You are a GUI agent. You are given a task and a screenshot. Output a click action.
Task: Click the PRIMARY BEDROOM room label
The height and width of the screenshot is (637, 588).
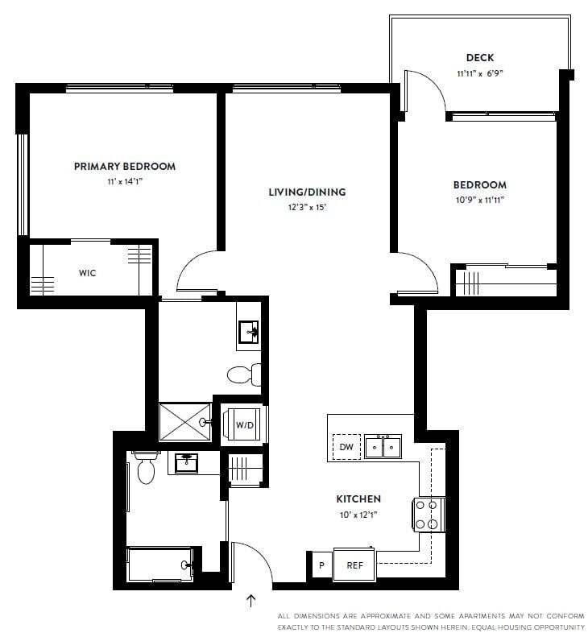(124, 167)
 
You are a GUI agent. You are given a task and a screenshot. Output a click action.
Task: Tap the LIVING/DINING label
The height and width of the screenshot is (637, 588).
(307, 192)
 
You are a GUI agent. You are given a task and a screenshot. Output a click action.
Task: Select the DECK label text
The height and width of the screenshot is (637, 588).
(480, 58)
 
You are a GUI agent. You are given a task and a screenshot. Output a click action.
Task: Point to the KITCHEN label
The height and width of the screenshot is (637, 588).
(358, 499)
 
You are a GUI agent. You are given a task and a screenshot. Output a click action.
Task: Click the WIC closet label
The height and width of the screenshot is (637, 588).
(87, 273)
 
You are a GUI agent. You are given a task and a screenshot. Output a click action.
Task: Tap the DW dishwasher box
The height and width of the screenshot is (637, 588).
(346, 447)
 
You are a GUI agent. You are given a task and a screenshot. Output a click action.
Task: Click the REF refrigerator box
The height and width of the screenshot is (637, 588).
(355, 565)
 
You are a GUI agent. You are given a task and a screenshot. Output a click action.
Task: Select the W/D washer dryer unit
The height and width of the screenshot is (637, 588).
(245, 424)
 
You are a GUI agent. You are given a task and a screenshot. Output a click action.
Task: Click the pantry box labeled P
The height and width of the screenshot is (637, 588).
(321, 565)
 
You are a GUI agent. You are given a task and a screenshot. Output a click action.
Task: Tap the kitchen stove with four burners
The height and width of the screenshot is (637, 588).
(429, 514)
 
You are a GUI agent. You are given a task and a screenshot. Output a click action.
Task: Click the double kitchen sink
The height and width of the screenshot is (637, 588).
(383, 445)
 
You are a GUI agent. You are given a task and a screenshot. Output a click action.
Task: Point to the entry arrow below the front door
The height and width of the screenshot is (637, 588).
(251, 600)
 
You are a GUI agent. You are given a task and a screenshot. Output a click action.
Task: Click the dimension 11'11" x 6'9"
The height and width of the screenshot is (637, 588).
(480, 73)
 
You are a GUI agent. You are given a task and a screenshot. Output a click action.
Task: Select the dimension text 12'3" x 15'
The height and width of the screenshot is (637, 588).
(307, 207)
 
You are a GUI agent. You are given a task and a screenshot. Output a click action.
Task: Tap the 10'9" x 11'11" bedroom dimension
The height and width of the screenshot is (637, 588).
(480, 200)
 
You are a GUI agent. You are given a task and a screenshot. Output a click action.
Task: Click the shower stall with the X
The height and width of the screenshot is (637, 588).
(184, 421)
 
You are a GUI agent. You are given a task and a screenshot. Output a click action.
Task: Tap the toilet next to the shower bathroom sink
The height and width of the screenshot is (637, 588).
(243, 374)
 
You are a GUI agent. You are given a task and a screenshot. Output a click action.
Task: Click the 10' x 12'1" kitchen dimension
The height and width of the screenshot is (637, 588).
(358, 514)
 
